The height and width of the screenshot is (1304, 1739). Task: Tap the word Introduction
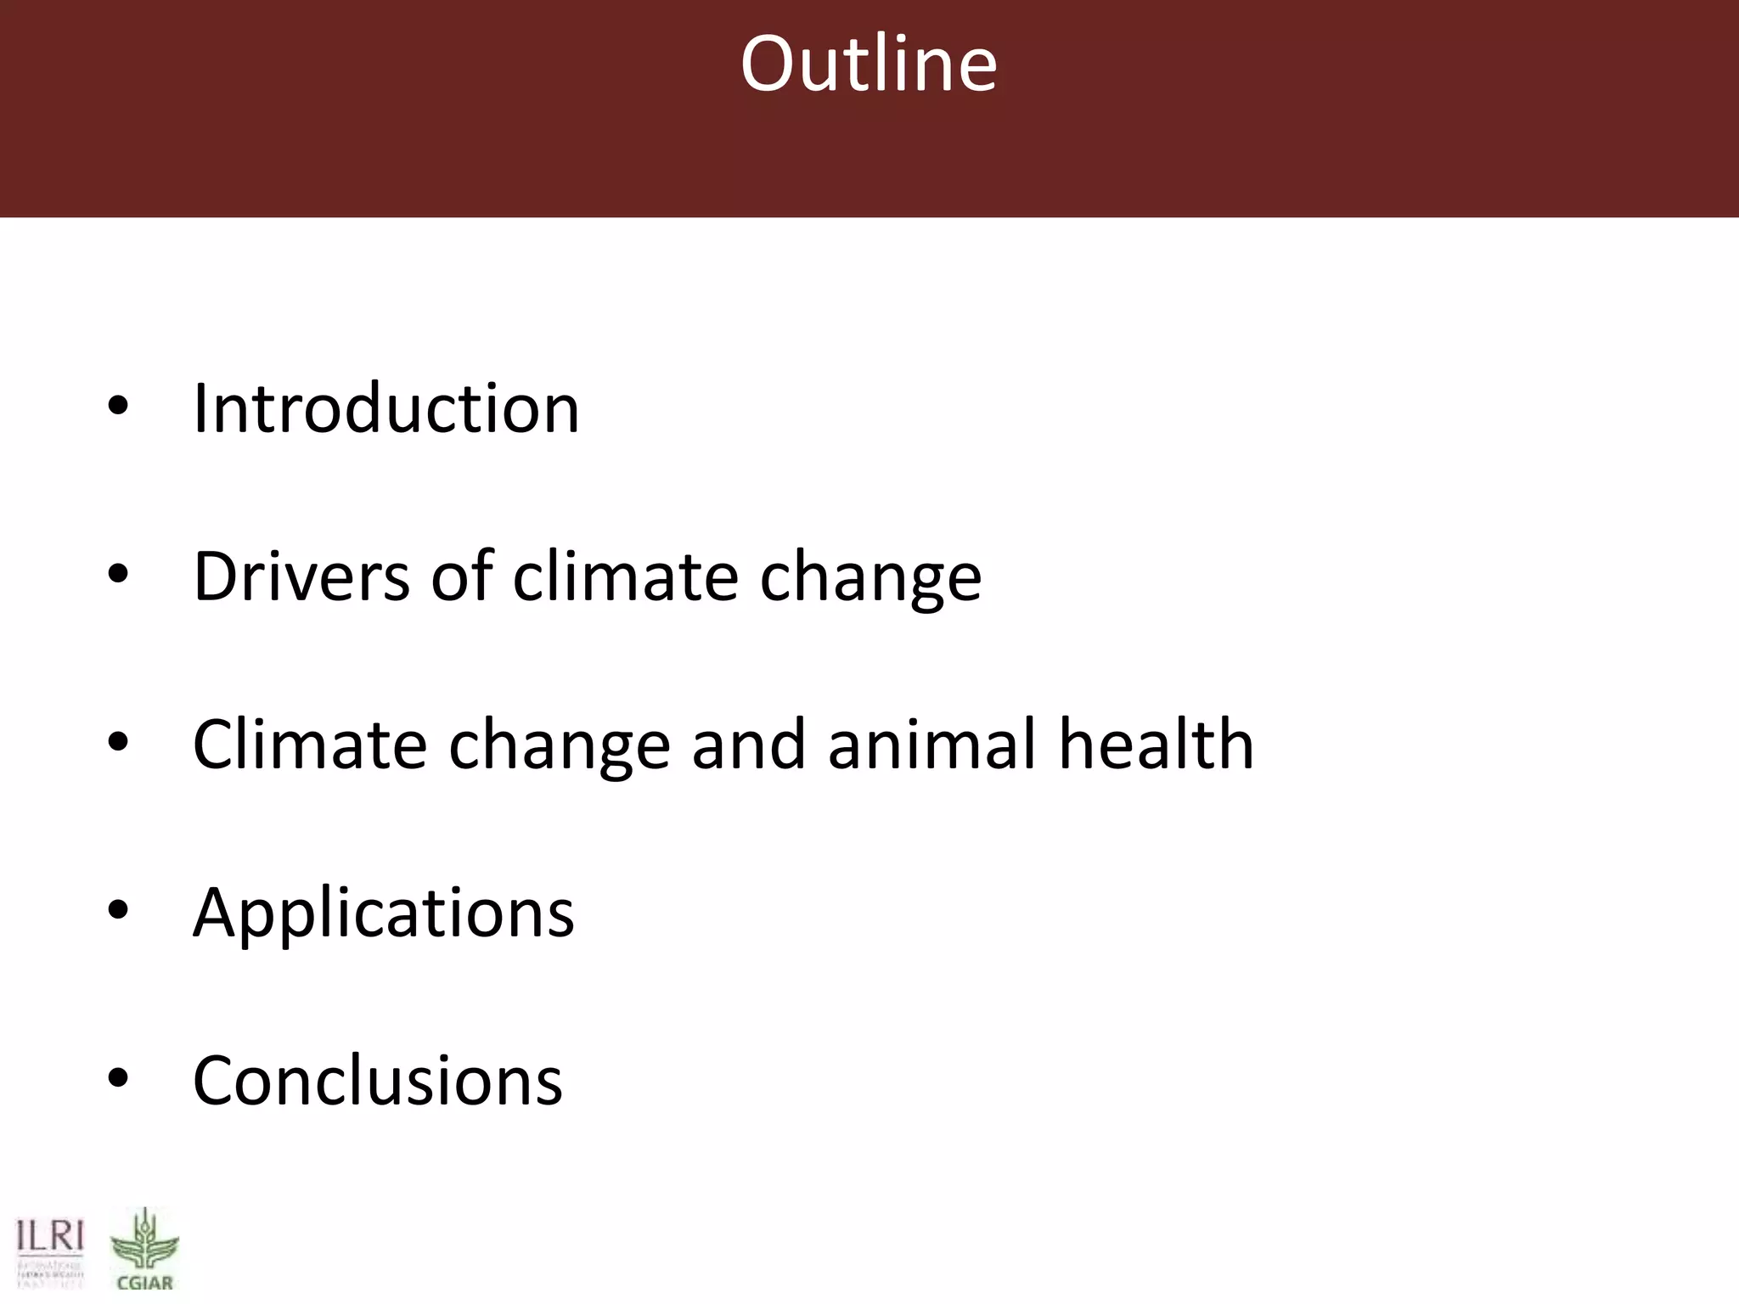click(386, 408)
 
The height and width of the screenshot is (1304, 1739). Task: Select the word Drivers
click(302, 576)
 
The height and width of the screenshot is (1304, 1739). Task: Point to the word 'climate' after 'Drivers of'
click(626, 576)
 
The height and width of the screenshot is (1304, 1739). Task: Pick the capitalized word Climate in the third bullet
click(309, 745)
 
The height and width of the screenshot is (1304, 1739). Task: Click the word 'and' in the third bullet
click(748, 745)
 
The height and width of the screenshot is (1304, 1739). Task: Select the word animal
click(931, 745)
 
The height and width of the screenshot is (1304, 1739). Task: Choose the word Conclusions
click(378, 1081)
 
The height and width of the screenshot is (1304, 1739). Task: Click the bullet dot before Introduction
click(118, 405)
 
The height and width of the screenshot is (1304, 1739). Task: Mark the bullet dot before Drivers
click(118, 574)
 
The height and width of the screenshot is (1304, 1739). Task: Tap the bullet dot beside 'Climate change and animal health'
click(118, 742)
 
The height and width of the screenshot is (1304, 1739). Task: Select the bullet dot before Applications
click(118, 910)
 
